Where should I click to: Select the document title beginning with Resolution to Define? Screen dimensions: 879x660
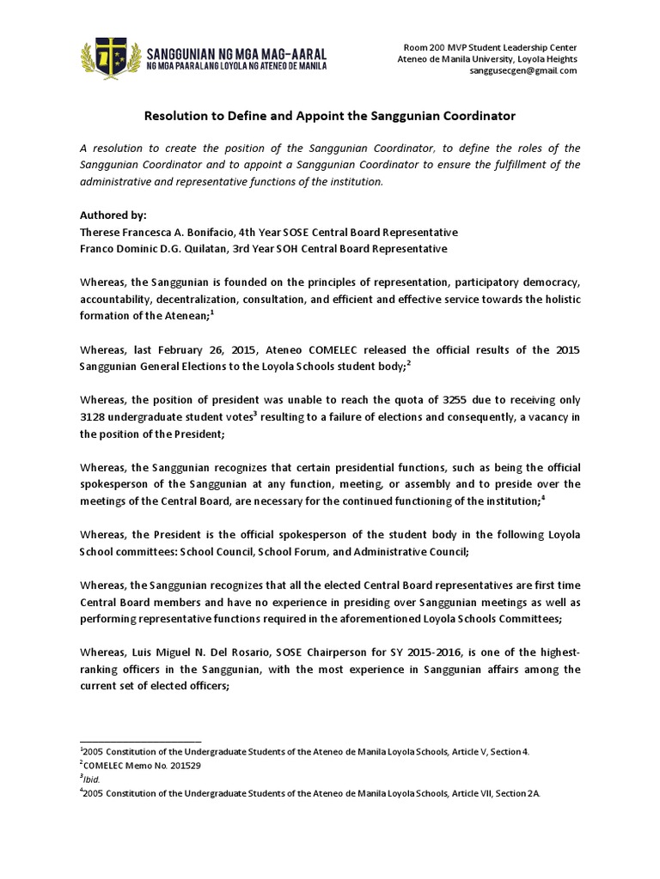(x=329, y=115)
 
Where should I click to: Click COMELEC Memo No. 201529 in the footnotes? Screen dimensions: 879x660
(x=137, y=764)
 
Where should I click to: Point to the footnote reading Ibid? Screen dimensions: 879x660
(x=90, y=777)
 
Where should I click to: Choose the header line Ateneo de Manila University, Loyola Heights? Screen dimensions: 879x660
(x=486, y=58)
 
